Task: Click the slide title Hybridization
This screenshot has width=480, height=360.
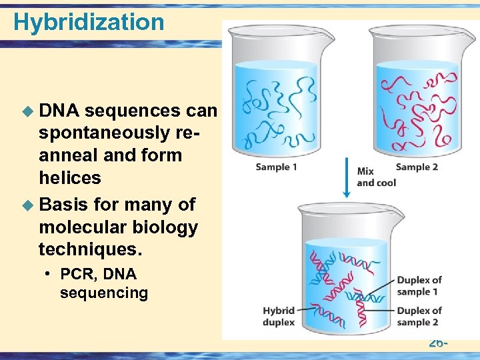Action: tap(89, 22)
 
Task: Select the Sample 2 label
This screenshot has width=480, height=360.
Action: tap(417, 167)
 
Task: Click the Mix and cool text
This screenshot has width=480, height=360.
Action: tap(376, 177)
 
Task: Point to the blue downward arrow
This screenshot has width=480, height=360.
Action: tap(346, 177)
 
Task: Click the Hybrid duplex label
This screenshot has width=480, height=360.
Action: tap(279, 317)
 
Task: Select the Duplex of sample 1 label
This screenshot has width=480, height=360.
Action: tap(419, 286)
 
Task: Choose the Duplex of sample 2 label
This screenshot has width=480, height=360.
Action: tap(419, 317)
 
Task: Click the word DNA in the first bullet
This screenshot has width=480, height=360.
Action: tap(60, 110)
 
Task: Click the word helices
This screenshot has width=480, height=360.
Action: tap(70, 178)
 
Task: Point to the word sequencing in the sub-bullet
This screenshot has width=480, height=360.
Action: tap(103, 293)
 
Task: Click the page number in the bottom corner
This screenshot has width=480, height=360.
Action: tap(437, 343)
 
